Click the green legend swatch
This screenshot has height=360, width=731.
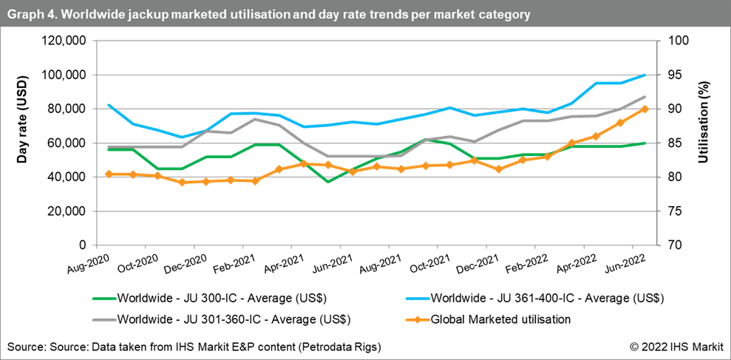pyautogui.click(x=104, y=299)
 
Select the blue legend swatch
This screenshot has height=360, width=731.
pyautogui.click(x=418, y=299)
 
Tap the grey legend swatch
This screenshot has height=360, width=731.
pyautogui.click(x=104, y=320)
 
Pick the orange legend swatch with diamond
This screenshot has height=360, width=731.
pyautogui.click(x=418, y=320)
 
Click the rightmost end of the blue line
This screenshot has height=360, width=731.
pyautogui.click(x=645, y=75)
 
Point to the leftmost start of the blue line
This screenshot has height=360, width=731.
pyautogui.click(x=109, y=105)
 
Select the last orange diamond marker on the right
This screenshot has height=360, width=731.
pyautogui.click(x=645, y=109)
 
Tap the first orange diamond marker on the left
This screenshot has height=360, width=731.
pyautogui.click(x=109, y=174)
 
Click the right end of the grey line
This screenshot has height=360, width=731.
pyautogui.click(x=645, y=97)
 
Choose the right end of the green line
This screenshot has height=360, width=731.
pyautogui.click(x=645, y=143)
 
